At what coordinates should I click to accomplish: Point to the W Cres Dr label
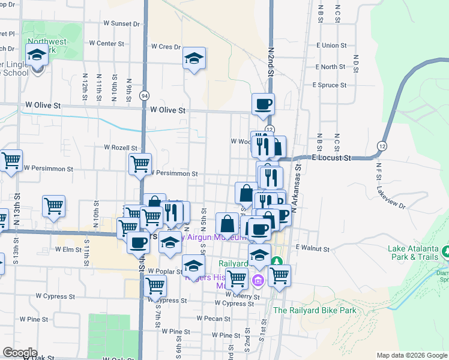(x=166, y=46)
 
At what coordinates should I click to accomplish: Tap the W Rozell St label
(x=121, y=148)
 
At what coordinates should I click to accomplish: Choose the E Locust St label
(x=331, y=158)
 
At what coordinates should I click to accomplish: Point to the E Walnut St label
(x=312, y=248)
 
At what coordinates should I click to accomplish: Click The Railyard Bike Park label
(x=315, y=310)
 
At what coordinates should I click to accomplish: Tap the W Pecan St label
(x=213, y=319)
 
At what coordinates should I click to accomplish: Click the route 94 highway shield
(x=144, y=95)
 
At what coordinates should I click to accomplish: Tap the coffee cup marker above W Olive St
(x=263, y=104)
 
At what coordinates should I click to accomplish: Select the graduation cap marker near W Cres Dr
(x=194, y=58)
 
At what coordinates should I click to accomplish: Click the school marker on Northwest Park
(x=37, y=55)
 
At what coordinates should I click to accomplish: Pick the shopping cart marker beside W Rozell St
(x=140, y=163)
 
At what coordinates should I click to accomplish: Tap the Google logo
(x=20, y=352)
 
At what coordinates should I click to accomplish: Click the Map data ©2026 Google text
(x=411, y=355)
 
